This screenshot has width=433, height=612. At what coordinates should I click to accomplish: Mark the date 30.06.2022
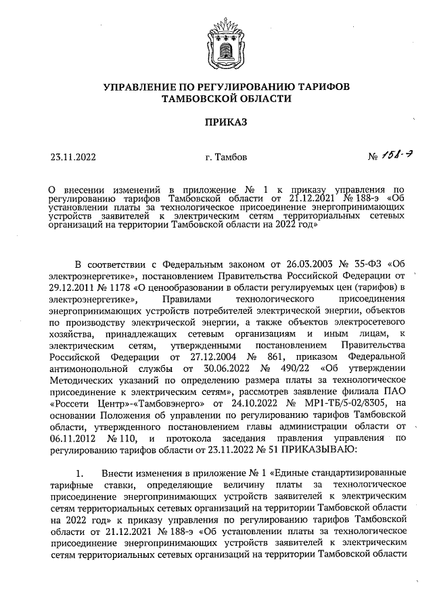(224, 369)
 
